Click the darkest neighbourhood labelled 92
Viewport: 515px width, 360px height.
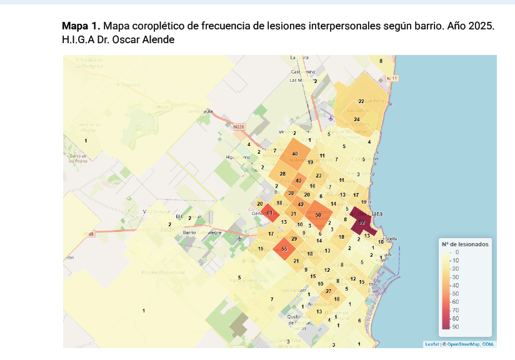coord(362,222)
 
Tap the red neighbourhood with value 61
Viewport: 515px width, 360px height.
coord(269,213)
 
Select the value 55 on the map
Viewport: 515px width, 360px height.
coord(284,249)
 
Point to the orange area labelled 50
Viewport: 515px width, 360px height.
coord(318,215)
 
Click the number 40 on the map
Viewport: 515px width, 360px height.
coord(295,154)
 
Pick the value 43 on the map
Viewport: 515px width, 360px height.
coord(299,181)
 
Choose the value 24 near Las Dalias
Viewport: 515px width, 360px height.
coord(357,119)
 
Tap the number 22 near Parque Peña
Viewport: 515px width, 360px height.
coord(361,101)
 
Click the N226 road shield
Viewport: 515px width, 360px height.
coord(238,127)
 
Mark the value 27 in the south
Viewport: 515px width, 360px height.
coord(329,292)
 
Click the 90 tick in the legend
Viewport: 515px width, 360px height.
coord(456,326)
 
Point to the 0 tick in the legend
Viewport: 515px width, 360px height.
coord(457,251)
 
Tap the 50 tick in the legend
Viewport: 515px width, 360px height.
coord(456,293)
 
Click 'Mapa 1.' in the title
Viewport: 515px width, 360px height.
coord(81,27)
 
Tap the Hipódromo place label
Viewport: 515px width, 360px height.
coord(237,157)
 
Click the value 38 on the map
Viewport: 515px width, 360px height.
coord(291,193)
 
